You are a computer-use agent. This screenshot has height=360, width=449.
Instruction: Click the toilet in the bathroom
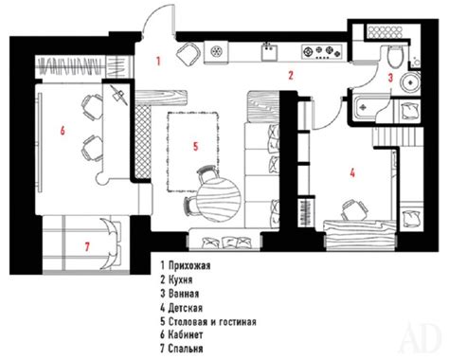point(395,56)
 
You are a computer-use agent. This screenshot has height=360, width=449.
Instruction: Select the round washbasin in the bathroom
point(410,82)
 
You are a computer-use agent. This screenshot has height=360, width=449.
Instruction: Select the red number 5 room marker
point(196,146)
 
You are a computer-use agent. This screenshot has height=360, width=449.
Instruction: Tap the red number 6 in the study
point(63,130)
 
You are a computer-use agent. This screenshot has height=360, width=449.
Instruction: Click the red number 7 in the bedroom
point(87,246)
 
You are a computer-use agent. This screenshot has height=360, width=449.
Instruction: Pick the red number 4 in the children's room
point(352,172)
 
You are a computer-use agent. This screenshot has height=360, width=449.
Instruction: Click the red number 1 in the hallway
point(158,61)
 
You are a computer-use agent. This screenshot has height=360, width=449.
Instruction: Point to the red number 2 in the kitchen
point(291,75)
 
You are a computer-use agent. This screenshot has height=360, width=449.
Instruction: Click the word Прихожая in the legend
point(189,265)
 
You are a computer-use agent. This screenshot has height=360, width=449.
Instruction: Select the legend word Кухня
point(180,279)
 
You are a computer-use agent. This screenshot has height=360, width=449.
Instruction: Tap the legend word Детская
point(186,308)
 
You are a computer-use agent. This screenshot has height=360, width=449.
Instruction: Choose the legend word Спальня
point(186,349)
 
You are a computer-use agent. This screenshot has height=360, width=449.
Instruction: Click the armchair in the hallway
point(189,54)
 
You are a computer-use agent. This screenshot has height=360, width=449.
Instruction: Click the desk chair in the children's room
point(354,209)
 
